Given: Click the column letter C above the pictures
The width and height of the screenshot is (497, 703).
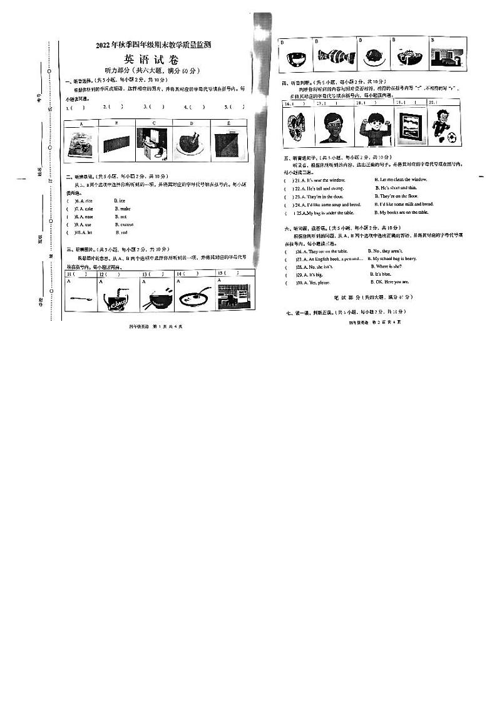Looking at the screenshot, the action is tap(154, 123).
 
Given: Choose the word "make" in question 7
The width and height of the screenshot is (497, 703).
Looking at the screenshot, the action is tap(123, 209).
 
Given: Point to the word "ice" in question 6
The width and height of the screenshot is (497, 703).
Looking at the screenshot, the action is tap(122, 200).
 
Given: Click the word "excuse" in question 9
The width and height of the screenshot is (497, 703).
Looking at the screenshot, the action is tap(125, 224).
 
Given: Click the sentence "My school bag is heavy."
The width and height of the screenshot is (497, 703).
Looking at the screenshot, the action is tap(394, 258).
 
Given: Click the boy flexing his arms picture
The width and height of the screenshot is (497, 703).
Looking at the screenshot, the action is tap(372, 127).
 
